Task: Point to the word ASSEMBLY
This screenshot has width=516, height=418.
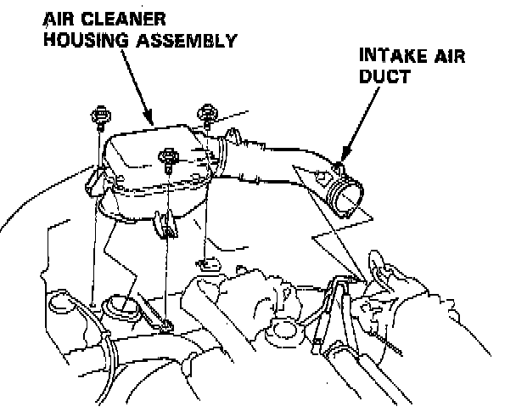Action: (x=188, y=39)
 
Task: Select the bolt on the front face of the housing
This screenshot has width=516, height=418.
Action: (x=169, y=156)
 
